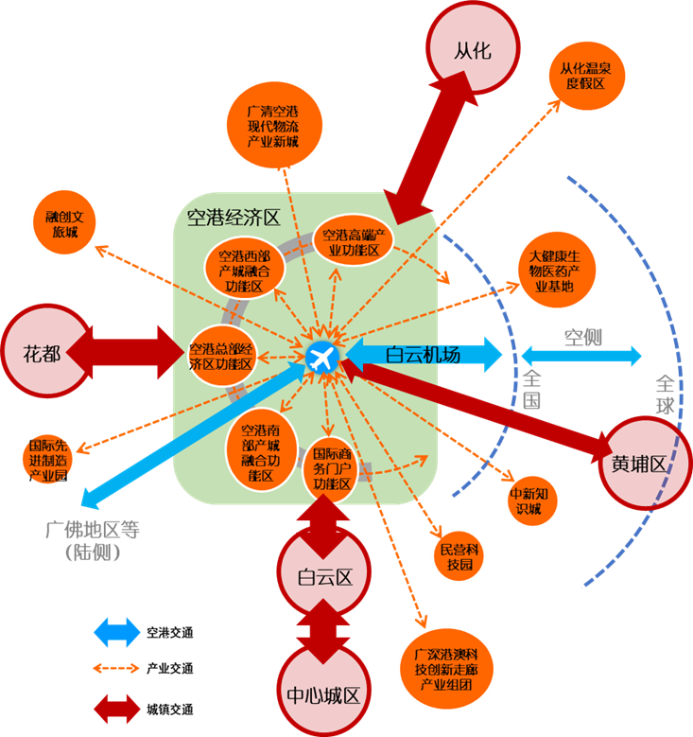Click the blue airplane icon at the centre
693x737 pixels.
click(322, 359)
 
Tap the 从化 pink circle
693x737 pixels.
click(473, 48)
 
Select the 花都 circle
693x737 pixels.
click(44, 351)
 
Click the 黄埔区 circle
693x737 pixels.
click(645, 464)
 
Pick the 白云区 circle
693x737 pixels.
click(324, 572)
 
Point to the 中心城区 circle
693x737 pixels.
click(323, 692)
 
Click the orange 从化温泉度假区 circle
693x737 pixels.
click(587, 76)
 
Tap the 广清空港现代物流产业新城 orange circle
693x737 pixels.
click(274, 125)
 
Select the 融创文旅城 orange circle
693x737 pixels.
click(64, 222)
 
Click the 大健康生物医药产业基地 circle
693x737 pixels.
click(557, 270)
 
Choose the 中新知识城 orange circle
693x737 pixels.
click(532, 500)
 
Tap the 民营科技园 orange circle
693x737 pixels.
click(459, 556)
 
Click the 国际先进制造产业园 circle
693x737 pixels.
click(47, 459)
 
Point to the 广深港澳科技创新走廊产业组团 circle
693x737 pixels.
click(446, 669)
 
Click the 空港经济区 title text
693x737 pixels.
click(234, 218)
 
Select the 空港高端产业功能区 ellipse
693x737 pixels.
click(354, 241)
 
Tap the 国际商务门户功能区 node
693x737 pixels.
click(332, 468)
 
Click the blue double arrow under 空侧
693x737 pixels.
click(581, 356)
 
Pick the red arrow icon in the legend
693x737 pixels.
click(116, 709)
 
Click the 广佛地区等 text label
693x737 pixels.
click(93, 530)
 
